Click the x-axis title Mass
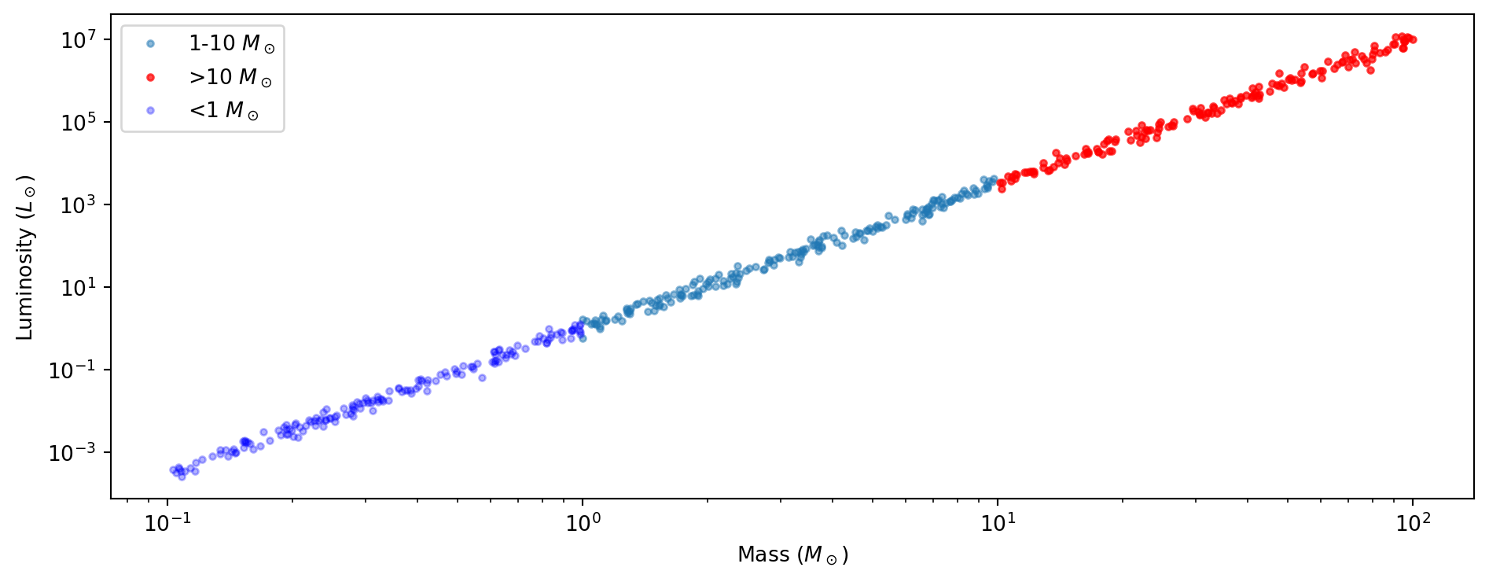792,554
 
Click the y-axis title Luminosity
25,257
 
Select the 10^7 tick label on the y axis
79,39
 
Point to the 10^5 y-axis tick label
79,122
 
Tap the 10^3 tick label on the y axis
79,204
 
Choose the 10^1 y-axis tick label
79,287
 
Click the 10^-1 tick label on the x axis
167,523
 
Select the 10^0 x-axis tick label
583,523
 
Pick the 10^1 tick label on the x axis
998,523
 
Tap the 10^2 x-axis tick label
1413,523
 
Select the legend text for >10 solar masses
230,77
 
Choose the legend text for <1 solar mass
224,110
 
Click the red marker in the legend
151,77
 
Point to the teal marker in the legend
151,44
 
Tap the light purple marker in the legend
151,110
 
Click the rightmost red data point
1414,39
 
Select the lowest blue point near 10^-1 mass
182,477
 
